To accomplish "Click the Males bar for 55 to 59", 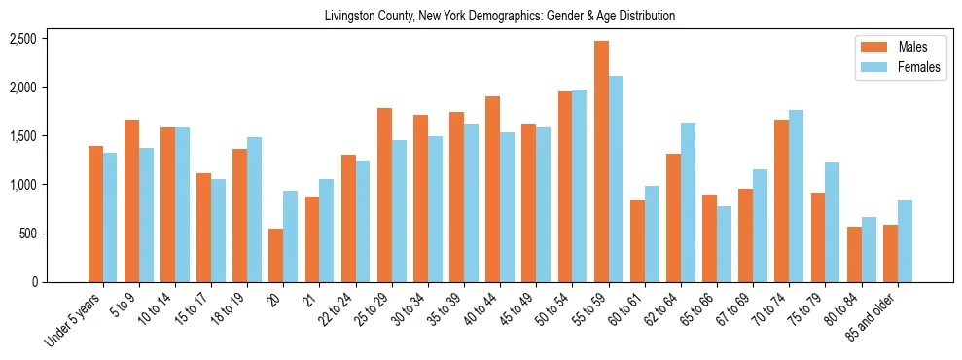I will [601, 162].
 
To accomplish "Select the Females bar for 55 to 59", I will [616, 179].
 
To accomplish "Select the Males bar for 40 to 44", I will [493, 189].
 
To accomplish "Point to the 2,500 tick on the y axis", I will [22, 39].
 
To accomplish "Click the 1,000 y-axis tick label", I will [22, 185].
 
